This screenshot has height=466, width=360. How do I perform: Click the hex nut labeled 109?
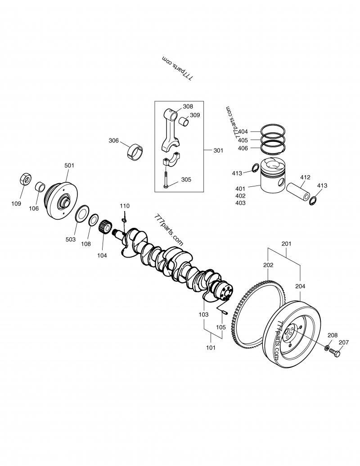coord(26,179)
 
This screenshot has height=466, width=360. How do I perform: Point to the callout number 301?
coord(218,150)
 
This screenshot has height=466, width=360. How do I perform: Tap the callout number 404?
coord(243,132)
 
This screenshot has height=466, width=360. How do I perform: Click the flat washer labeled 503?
coord(82,213)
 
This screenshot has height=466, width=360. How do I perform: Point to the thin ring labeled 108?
coord(94,221)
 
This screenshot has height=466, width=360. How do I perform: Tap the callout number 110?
coord(125,206)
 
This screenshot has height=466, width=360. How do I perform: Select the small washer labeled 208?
coord(326,347)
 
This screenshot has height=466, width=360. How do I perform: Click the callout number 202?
coord(268,265)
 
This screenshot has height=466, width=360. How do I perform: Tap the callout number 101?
coord(211,348)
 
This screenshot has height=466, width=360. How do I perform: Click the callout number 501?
coord(69,166)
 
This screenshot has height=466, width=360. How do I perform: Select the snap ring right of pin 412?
coord(313,201)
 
